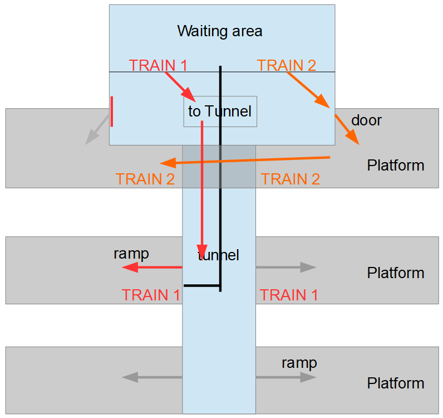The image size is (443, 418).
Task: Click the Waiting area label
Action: pyautogui.click(x=219, y=31)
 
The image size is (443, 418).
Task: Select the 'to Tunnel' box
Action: pyautogui.click(x=220, y=111)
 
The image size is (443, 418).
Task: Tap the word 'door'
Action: pyautogui.click(x=366, y=120)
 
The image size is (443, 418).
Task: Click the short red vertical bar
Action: pyautogui.click(x=112, y=111)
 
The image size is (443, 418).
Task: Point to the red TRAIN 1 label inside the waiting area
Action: pyautogui.click(x=157, y=65)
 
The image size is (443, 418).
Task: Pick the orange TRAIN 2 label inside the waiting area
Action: pyautogui.click(x=286, y=65)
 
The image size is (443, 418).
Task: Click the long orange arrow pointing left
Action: pyautogui.click(x=245, y=161)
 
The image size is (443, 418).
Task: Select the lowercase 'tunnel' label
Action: pyautogui.click(x=218, y=256)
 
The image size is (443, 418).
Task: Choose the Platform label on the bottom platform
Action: pyautogui.click(x=395, y=383)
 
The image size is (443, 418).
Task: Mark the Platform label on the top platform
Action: pyautogui.click(x=395, y=166)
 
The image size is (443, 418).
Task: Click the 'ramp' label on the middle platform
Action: pyautogui.click(x=131, y=254)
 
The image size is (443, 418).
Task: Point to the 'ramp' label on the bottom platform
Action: pyautogui.click(x=299, y=363)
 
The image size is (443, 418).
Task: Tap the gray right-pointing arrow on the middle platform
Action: pyautogui.click(x=286, y=268)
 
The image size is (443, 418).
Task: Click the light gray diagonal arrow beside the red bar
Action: pyautogui.click(x=97, y=129)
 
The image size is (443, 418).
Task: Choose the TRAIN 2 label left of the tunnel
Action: pyautogui.click(x=145, y=179)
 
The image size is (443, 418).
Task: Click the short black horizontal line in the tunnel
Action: pyautogui.click(x=202, y=286)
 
